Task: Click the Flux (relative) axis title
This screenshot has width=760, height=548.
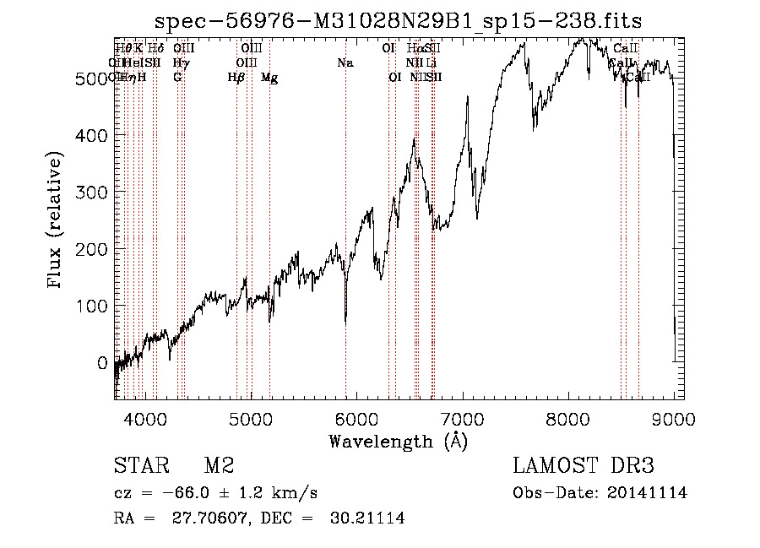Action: point(57,221)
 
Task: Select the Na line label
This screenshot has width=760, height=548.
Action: point(345,63)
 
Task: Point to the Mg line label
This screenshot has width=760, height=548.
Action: point(269,78)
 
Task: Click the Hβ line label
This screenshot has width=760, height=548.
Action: point(236,78)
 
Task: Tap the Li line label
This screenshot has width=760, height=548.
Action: point(432,63)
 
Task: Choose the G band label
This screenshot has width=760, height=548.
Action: point(177,78)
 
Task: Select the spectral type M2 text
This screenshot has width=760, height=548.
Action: point(219,465)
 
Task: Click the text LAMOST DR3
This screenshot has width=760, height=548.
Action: point(584,465)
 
